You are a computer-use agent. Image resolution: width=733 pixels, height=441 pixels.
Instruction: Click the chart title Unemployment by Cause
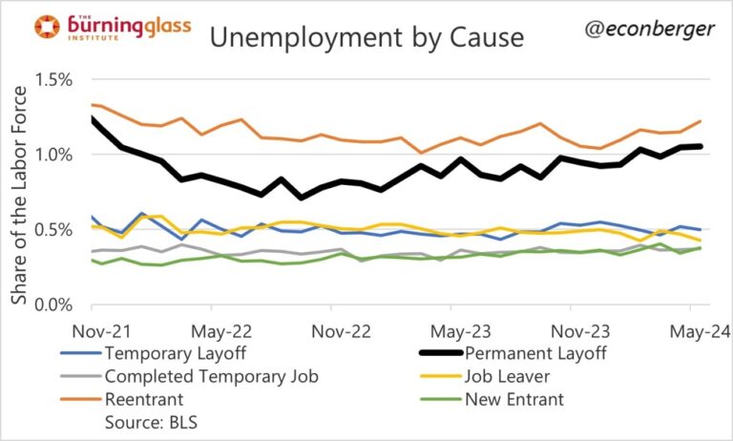pyautogui.click(x=367, y=38)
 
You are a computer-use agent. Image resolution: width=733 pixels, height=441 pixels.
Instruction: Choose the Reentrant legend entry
pyautogui.click(x=143, y=399)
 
